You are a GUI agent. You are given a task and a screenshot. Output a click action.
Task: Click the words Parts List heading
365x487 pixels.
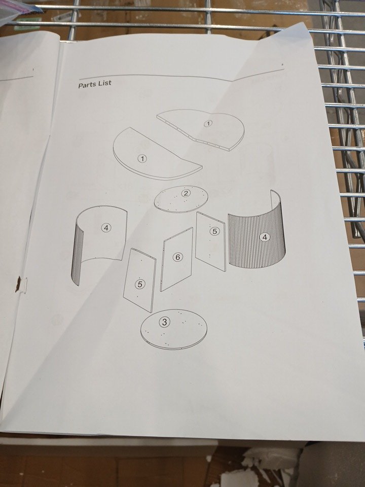pos(95,84)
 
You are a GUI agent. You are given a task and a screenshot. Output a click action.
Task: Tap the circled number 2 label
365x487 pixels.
pos(186,193)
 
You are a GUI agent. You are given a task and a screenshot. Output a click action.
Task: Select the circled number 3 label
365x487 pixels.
pos(164,322)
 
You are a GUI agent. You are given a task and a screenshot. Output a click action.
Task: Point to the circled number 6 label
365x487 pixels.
pos(177,257)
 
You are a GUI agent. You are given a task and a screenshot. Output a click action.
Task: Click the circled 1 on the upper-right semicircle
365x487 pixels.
pos(208,123)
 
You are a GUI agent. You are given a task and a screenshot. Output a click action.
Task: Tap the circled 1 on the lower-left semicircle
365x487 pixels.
pos(142,159)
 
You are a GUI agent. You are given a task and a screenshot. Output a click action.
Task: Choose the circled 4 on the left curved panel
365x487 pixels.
pos(106,228)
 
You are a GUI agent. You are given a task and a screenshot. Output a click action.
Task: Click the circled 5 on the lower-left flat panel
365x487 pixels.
pos(140,284)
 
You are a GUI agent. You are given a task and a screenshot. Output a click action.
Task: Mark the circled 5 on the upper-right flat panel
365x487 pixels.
pos(214,231)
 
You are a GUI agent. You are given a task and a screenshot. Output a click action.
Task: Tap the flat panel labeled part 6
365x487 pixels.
pos(176,259)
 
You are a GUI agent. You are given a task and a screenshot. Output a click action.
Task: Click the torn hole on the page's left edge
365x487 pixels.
pos(18,284)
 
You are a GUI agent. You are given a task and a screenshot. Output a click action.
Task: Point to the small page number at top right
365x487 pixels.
pos(282,65)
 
